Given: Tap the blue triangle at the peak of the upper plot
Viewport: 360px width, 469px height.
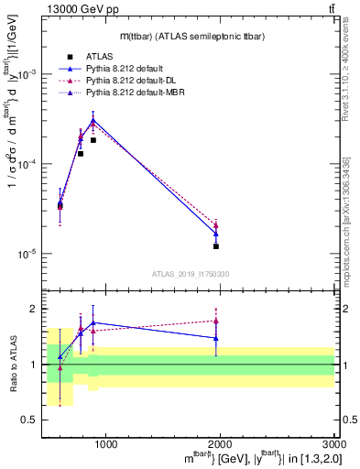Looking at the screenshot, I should click(93, 120).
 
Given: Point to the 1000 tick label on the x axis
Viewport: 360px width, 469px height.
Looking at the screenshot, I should click(105, 445).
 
